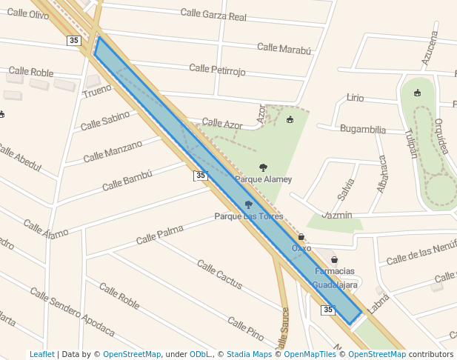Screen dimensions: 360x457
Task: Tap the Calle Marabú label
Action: [x=284, y=48]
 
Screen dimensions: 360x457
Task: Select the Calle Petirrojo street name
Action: [x=217, y=69]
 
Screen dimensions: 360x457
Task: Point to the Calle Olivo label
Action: [x=28, y=14]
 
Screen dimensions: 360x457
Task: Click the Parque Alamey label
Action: [x=263, y=179]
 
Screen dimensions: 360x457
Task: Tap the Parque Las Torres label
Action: [x=249, y=216]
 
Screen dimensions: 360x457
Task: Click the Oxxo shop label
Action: [x=301, y=248]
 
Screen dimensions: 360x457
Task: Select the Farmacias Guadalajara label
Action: [x=335, y=278]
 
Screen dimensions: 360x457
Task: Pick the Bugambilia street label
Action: [x=362, y=129]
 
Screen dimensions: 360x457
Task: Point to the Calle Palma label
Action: [x=159, y=235]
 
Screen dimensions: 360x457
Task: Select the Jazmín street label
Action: [x=338, y=215]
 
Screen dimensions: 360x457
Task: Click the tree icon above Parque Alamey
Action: [x=263, y=167]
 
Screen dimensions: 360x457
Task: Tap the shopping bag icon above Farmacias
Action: [x=335, y=260]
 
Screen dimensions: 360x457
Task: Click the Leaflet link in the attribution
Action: [x=41, y=354]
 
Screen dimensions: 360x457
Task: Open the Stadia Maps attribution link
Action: [x=249, y=354]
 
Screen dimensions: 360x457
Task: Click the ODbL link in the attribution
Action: [x=200, y=354]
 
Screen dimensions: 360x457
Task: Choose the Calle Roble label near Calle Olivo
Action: [x=31, y=72]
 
